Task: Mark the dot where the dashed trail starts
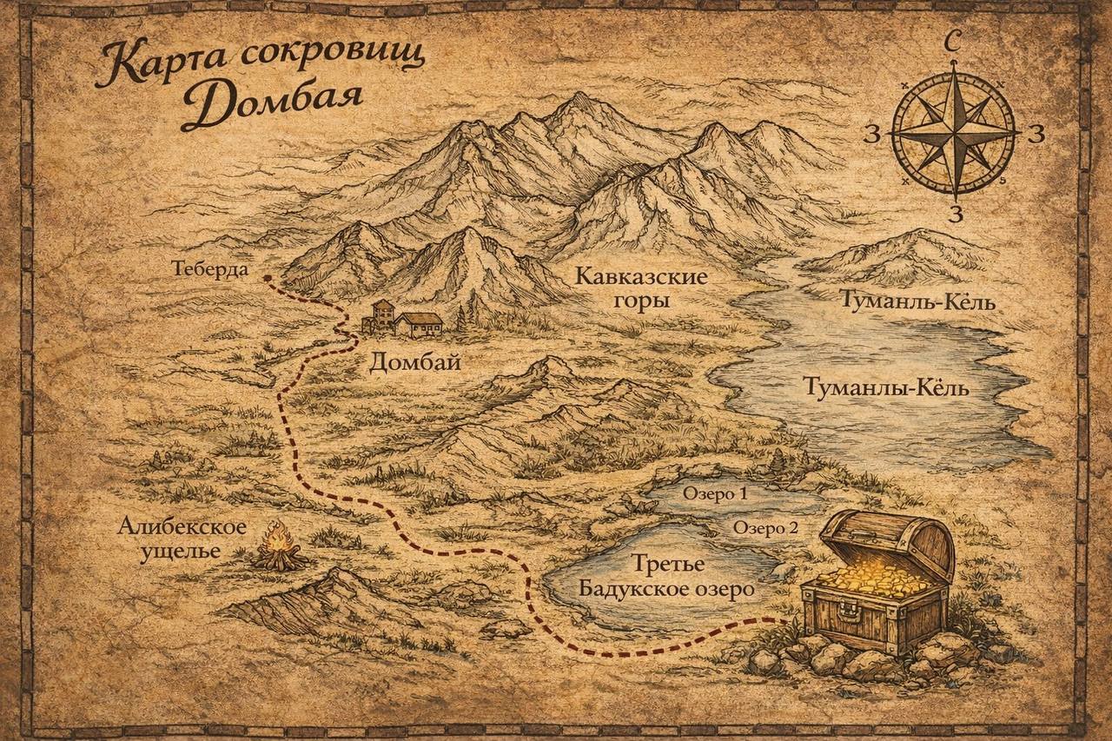click(x=267, y=279)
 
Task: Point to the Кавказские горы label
click(x=641, y=289)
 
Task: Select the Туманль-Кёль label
click(x=916, y=301)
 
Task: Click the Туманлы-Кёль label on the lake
click(x=885, y=387)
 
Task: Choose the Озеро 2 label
click(x=764, y=527)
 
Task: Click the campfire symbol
click(x=279, y=547)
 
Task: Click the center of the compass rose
click(x=955, y=133)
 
